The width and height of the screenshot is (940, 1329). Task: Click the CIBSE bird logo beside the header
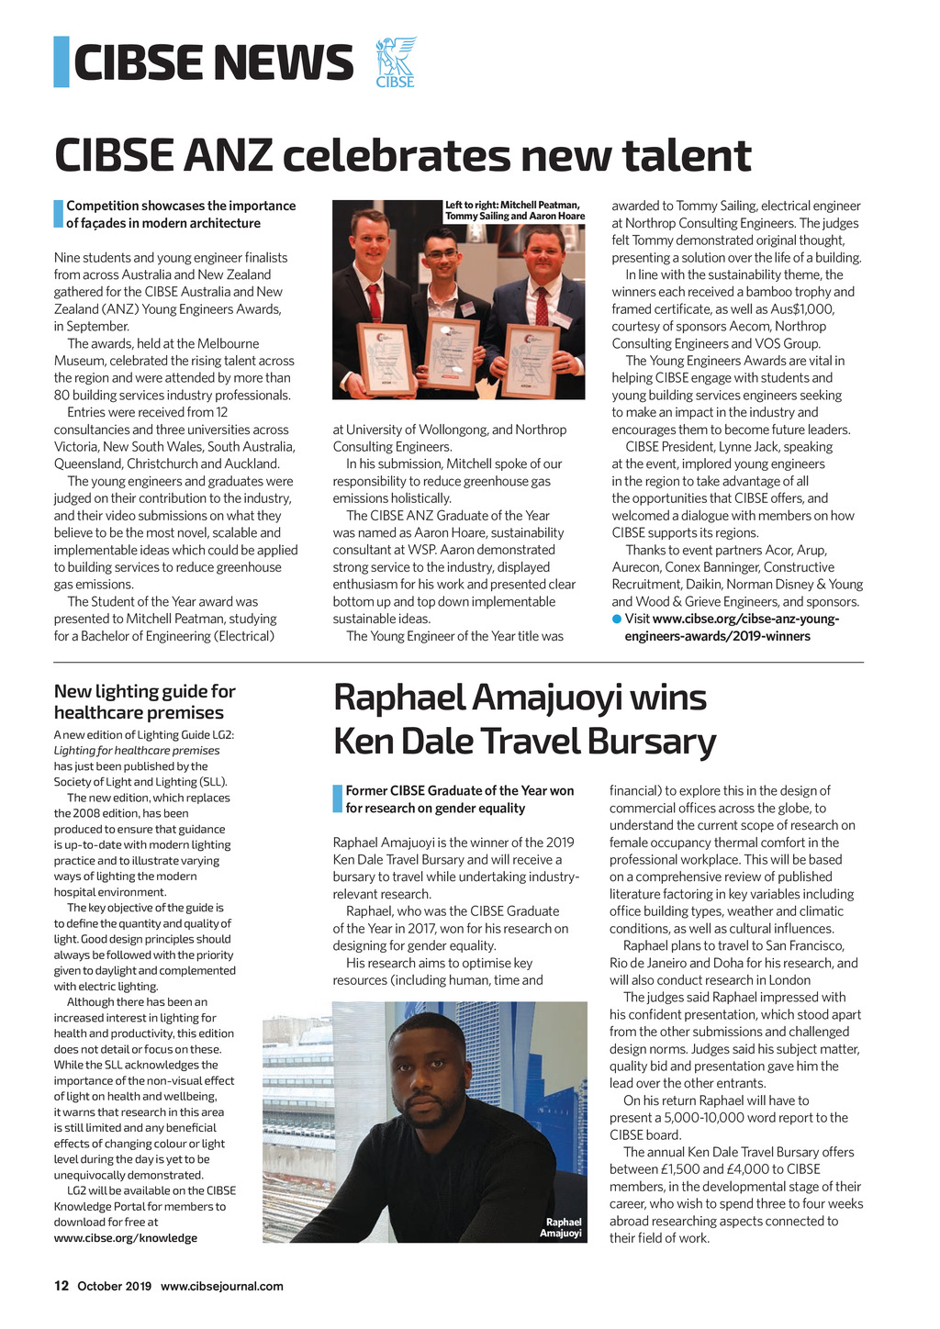tap(396, 61)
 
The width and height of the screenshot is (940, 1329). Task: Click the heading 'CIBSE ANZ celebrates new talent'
tap(402, 155)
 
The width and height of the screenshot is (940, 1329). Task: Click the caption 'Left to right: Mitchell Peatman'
tap(511, 204)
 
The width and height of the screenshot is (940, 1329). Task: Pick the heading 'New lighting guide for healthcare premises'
tap(144, 701)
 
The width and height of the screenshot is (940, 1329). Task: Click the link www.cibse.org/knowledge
tap(125, 1238)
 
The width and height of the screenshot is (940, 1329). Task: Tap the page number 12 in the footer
tap(62, 1286)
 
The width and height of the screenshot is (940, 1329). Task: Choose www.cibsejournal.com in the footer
tap(222, 1286)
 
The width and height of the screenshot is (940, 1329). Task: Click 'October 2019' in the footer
tap(114, 1286)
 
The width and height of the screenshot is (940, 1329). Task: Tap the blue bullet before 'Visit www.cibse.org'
tap(617, 619)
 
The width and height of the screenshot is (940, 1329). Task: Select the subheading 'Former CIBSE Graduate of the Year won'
tap(459, 790)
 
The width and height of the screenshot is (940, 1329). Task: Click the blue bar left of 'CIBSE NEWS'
tap(62, 61)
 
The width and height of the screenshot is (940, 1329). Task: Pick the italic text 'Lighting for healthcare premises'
tap(137, 750)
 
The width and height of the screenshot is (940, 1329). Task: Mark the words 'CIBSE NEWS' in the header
tap(213, 62)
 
